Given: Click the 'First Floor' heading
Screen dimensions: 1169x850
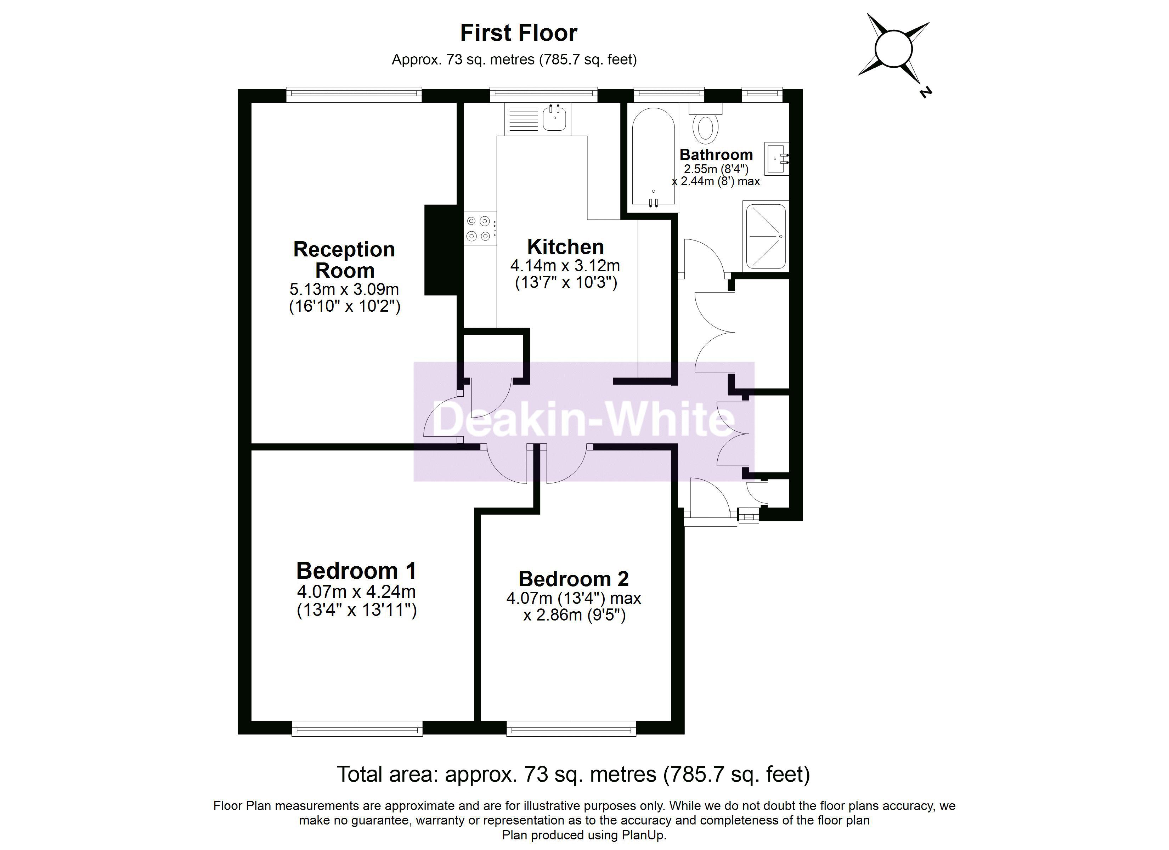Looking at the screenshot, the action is tap(519, 33).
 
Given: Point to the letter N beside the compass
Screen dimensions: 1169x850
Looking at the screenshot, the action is tap(926, 92).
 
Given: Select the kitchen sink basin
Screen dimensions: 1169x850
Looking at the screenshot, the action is tap(554, 118).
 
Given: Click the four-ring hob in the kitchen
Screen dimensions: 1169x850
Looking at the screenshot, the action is tap(479, 228).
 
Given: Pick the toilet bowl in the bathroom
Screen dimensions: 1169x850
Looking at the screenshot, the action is tap(705, 128).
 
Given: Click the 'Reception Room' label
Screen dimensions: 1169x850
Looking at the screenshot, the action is tap(344, 260).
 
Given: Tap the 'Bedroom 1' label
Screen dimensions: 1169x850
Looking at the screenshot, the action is tap(356, 571).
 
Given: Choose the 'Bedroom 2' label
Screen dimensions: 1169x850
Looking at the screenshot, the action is tap(574, 579).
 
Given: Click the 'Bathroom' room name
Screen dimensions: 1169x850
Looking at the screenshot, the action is tap(716, 155).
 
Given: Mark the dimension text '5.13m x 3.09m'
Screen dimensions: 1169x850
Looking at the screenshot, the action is tap(344, 289).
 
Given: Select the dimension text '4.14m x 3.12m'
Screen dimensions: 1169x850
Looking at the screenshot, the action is tap(565, 266).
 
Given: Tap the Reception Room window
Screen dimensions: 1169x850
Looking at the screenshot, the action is tap(354, 95).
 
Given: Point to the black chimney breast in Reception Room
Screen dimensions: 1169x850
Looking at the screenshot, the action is tap(441, 250).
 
